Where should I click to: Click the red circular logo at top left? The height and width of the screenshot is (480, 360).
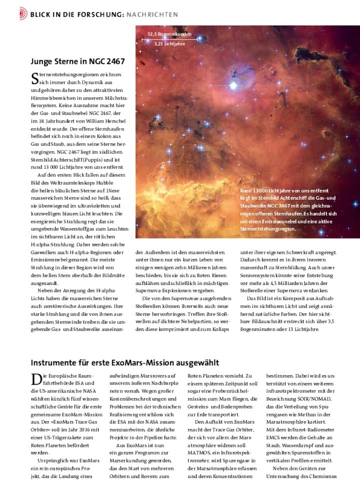tap(23, 14)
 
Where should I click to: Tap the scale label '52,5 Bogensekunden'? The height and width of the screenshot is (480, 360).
tap(169, 34)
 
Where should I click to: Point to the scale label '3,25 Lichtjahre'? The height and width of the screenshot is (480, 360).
tap(169, 44)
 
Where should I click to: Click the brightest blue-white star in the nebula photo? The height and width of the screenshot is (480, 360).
tap(233, 86)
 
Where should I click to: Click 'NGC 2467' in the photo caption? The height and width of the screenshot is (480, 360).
tap(278, 206)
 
